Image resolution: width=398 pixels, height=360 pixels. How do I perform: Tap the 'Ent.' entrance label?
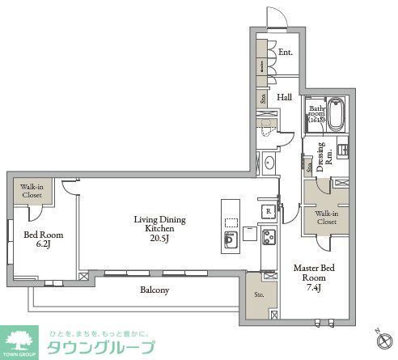click(x=285, y=53)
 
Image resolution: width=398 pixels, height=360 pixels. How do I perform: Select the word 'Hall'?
click(x=284, y=97)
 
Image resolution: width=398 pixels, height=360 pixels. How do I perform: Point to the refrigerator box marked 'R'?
click(x=265, y=210)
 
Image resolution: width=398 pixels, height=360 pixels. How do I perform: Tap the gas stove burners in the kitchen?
click(x=266, y=237)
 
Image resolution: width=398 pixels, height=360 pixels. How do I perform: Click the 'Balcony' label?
click(x=152, y=289)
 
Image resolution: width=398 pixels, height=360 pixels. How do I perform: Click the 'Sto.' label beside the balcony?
click(x=260, y=295)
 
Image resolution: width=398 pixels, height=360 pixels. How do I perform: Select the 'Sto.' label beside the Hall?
click(x=263, y=99)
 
